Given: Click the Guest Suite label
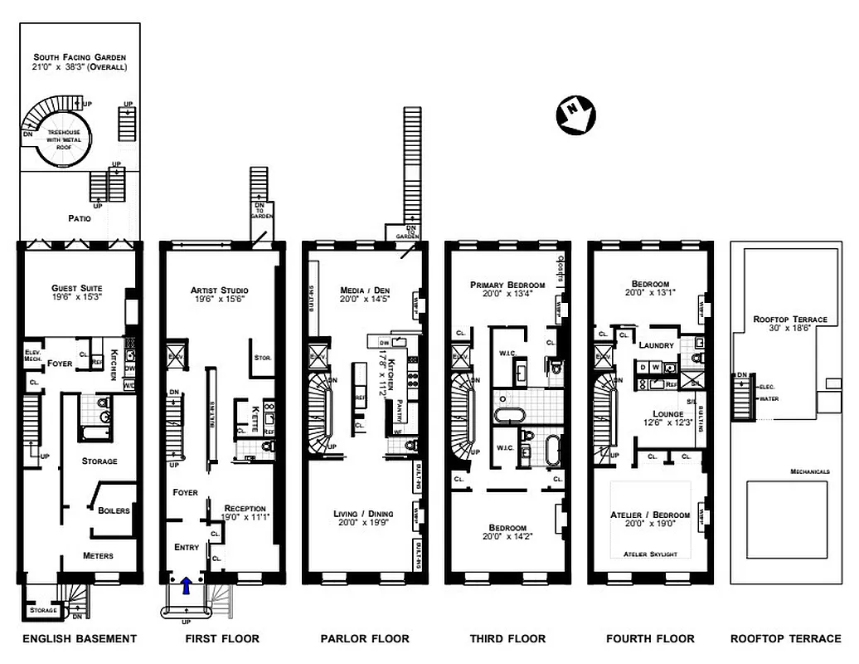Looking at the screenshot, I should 76,288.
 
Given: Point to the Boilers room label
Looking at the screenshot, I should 114,510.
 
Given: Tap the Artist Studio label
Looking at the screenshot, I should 219,290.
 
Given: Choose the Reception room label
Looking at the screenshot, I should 245,508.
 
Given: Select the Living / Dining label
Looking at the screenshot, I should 363,514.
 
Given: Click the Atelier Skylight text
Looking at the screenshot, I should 649,554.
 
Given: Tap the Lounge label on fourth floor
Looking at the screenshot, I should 667,413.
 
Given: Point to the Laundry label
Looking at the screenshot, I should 655,344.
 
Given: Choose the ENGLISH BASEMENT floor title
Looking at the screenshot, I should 79,638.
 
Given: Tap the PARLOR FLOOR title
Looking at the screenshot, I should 365,638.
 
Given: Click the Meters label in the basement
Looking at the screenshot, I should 98,555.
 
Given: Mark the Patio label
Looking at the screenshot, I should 81,219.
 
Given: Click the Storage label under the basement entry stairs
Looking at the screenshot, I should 43,610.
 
